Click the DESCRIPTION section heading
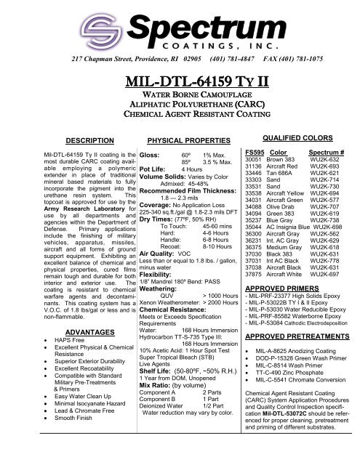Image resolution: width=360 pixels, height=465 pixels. coord(68,160)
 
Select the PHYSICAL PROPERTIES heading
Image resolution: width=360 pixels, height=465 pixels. coord(179,160)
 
